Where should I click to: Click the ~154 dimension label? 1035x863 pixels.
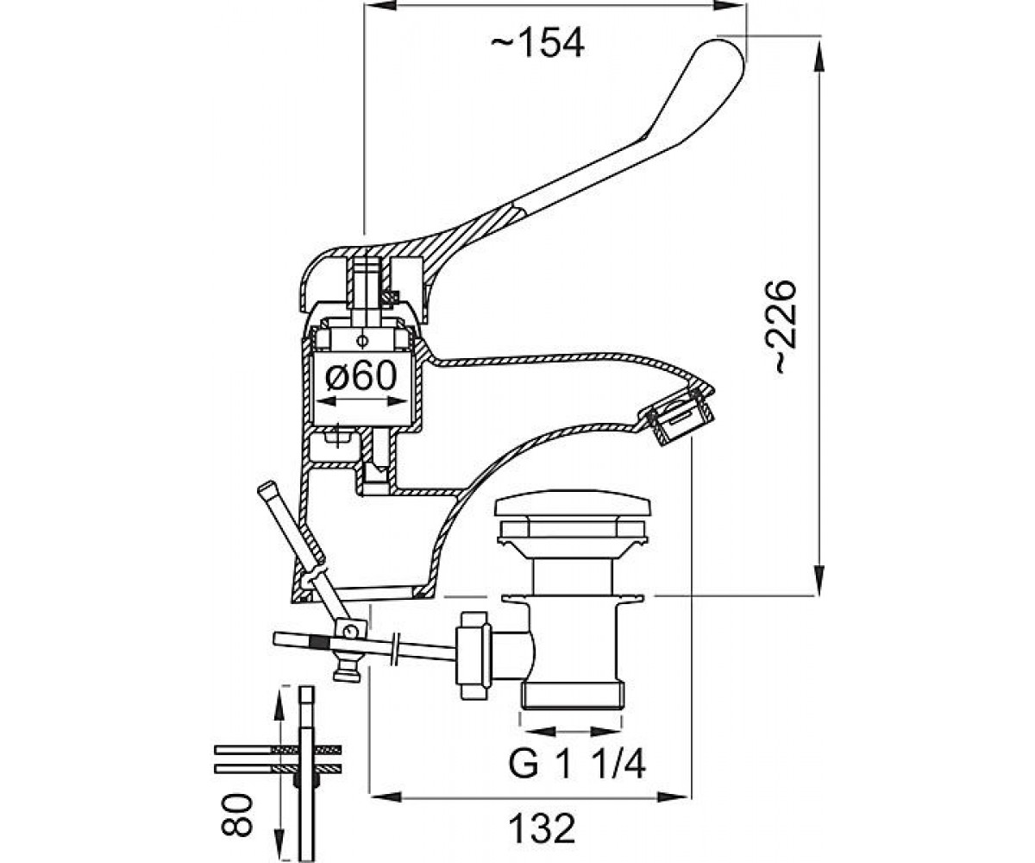(537, 44)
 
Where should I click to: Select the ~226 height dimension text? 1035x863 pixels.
(785, 327)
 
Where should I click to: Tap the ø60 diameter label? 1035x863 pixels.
(361, 375)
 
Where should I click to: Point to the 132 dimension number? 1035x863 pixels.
(543, 829)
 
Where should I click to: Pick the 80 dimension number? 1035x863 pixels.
(237, 818)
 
